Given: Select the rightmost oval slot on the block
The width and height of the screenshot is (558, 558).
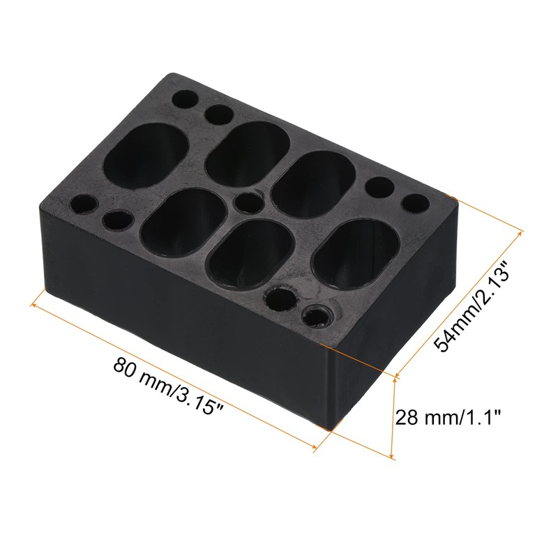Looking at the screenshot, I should point(355,252).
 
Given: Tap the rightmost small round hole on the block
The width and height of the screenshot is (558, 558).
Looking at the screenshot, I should point(416,204).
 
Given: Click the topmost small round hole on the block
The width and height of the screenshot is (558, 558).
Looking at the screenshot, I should point(186,98).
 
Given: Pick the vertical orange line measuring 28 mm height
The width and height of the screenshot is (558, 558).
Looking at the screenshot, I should point(395,418).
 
